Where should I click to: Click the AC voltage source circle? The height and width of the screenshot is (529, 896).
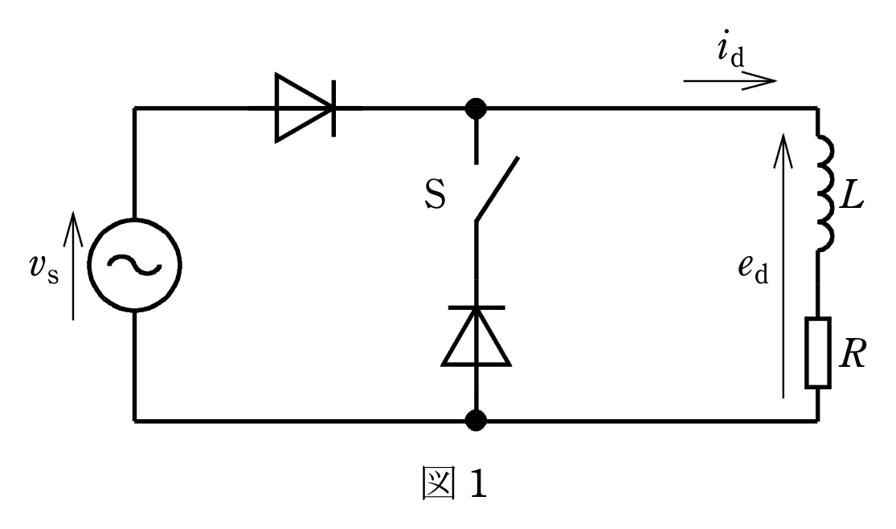click(89, 265)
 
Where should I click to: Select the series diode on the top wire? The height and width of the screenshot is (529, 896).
click(305, 108)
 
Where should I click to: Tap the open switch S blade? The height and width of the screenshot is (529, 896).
click(497, 189)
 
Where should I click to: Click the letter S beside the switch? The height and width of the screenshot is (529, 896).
click(436, 194)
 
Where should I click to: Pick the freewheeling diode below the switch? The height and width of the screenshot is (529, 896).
click(476, 336)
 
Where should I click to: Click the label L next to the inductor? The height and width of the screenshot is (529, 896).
click(853, 197)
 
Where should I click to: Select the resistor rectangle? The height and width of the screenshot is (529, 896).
click(818, 353)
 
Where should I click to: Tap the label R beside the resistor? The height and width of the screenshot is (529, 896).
click(853, 353)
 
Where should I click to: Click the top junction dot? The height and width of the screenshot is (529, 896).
click(476, 108)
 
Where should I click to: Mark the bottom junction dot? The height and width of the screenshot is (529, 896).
click(476, 421)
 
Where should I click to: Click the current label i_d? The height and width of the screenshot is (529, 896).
click(730, 48)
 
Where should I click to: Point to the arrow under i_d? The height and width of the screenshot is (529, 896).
click(730, 81)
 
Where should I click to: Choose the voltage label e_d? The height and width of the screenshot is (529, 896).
click(753, 269)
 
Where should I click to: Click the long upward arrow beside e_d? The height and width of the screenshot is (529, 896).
click(783, 266)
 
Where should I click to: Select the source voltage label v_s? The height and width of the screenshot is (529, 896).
click(43, 269)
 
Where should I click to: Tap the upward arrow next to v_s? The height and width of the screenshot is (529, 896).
click(73, 266)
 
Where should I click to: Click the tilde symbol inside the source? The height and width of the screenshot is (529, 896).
click(134, 265)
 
